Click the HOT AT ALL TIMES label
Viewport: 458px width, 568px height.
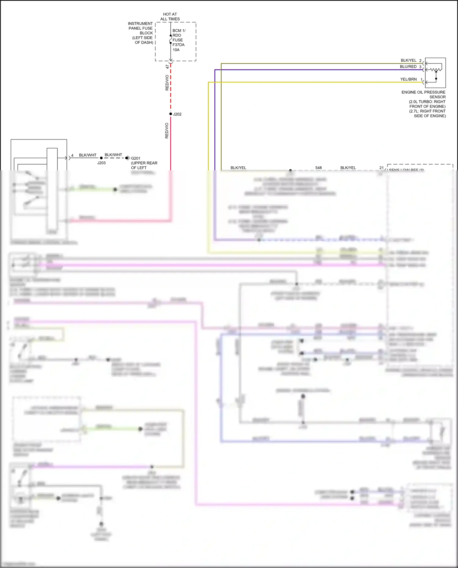click(170, 16)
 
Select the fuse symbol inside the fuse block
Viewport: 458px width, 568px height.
click(171, 39)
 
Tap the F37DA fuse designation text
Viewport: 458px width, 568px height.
click(178, 45)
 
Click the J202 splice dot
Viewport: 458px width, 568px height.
click(171, 114)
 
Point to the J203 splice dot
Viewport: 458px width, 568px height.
click(101, 158)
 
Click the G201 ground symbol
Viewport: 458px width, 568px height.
click(127, 158)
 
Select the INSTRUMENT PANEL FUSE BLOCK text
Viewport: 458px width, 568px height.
click(141, 33)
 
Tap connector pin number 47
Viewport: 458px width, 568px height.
click(167, 67)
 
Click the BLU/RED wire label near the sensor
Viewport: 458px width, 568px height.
click(408, 67)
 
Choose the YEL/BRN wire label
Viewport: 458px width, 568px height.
click(408, 79)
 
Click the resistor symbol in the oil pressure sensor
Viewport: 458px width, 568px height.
click(436, 70)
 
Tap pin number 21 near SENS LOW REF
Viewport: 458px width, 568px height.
click(381, 168)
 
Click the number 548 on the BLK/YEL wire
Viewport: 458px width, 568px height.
click(318, 168)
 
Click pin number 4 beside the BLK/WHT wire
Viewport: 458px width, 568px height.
click(72, 155)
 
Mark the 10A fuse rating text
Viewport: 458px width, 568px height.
click(176, 50)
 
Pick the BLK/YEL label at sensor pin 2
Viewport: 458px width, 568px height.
click(408, 60)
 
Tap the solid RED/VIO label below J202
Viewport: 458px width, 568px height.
click(167, 131)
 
